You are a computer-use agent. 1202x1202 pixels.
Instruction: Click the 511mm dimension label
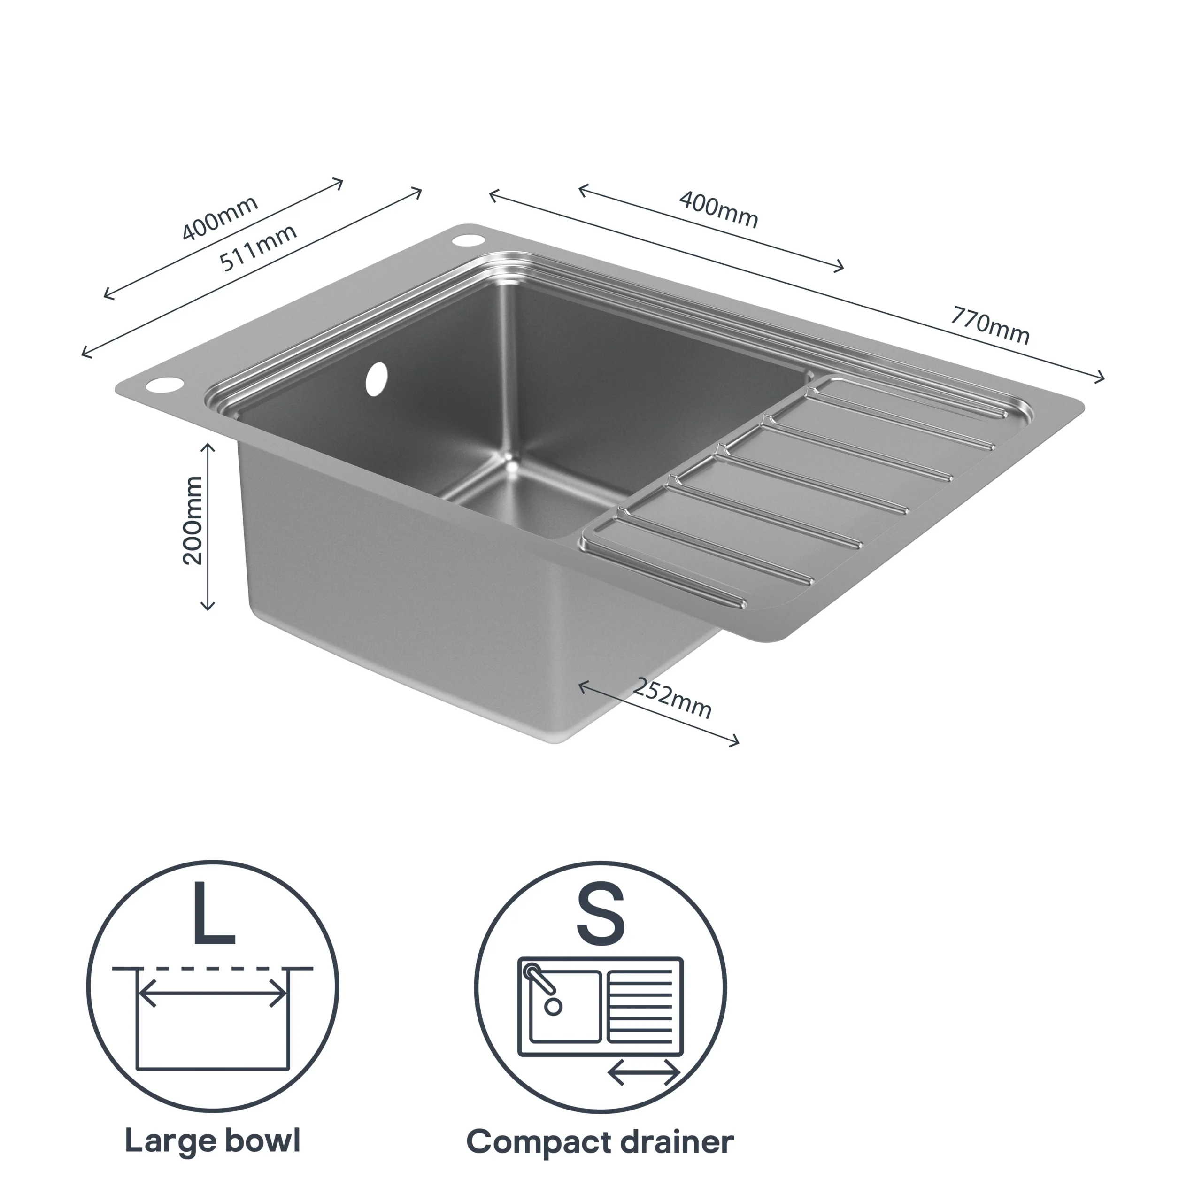(x=259, y=247)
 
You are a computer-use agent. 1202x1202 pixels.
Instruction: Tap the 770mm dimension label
(x=989, y=325)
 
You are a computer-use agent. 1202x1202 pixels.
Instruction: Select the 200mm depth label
(x=193, y=520)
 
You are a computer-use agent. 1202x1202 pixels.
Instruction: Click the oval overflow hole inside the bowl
(x=377, y=379)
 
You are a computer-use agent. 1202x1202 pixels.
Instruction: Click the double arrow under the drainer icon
(x=644, y=1072)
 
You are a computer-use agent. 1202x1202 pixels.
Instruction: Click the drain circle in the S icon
(x=553, y=1006)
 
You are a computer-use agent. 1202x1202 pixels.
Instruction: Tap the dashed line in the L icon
(x=213, y=969)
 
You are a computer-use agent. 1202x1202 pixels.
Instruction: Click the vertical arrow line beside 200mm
(x=208, y=526)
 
